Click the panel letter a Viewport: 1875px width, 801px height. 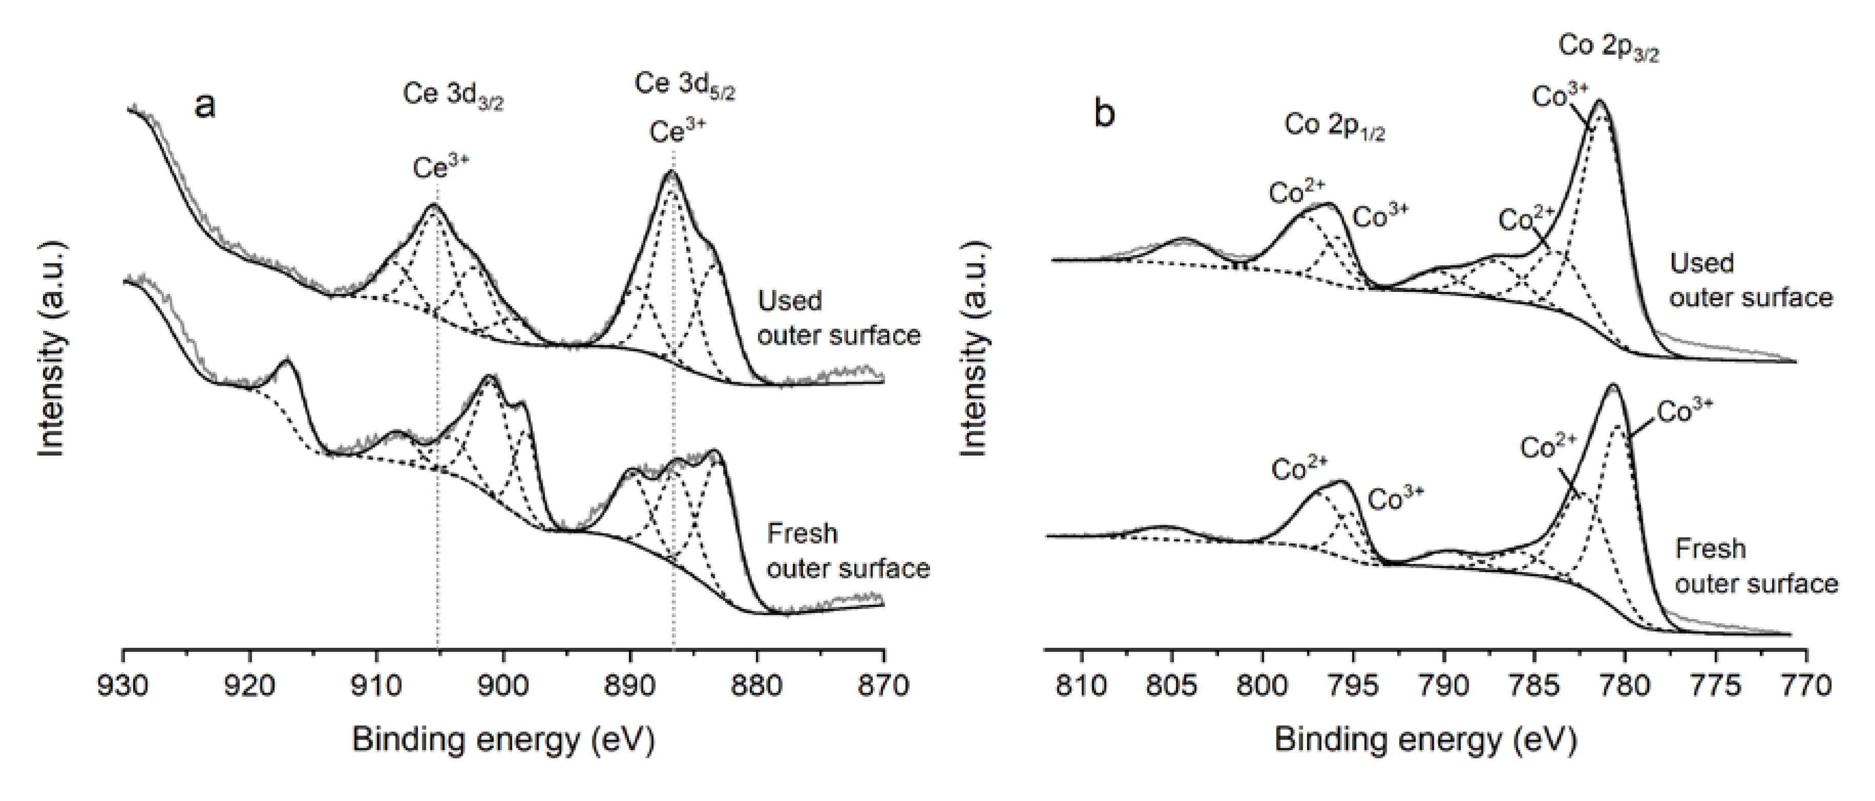205,106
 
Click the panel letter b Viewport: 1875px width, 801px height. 1104,114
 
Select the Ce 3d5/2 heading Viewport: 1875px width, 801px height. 684,85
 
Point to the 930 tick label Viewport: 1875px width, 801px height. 123,686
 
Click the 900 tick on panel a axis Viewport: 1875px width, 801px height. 503,686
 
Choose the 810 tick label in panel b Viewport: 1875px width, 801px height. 1082,686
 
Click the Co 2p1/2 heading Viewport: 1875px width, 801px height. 1334,127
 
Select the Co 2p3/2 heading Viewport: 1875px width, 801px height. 1608,47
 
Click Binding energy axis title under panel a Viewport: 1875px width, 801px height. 503,741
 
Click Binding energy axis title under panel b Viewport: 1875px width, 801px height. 1425,741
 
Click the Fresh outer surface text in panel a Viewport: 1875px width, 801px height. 848,551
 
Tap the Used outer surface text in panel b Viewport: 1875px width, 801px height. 1750,280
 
